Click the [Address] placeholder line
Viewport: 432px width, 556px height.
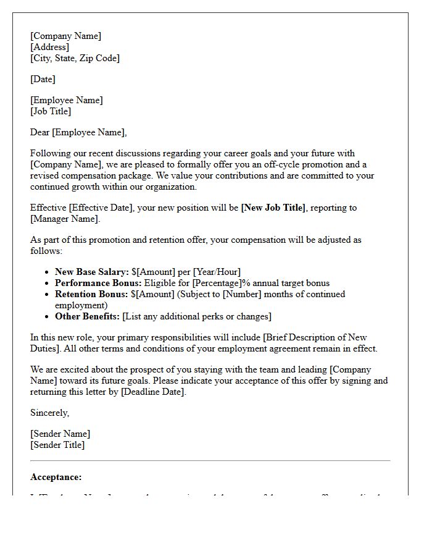coord(50,47)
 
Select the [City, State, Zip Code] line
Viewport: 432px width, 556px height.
coord(75,58)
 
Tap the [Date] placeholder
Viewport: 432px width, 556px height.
coord(43,79)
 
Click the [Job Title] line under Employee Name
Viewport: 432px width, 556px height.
coord(51,111)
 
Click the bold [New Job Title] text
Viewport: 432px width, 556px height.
coord(273,208)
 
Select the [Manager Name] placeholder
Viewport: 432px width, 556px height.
coord(64,219)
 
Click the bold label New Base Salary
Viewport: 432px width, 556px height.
coord(92,272)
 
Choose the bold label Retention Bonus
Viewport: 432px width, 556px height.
coord(91,294)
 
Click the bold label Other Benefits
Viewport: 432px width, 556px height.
coord(87,316)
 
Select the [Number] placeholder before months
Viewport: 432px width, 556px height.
coord(242,294)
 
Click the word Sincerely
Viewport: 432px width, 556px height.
coord(49,413)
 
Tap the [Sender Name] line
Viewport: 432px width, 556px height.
coord(60,434)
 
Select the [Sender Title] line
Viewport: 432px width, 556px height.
coord(57,445)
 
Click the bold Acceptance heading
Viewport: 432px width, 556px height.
coord(56,477)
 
